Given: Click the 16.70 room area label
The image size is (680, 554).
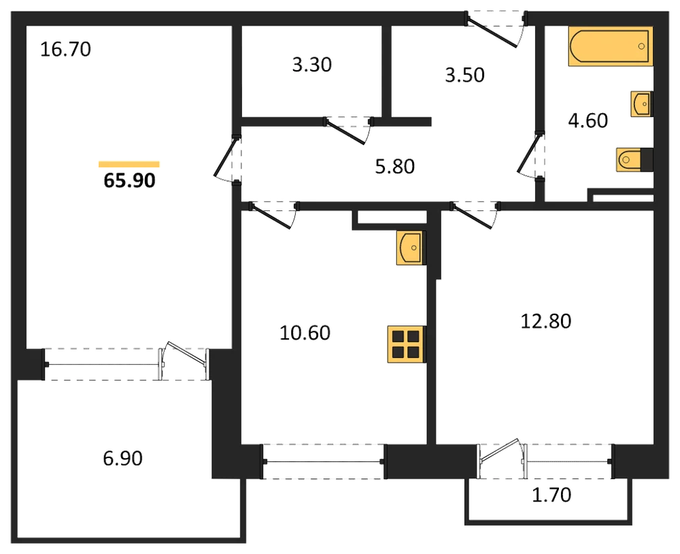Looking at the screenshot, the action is [65, 49].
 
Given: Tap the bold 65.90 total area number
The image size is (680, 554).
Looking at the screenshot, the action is [129, 180].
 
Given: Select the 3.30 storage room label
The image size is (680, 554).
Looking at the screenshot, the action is [312, 65].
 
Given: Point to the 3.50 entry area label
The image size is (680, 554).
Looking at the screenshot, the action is [464, 75].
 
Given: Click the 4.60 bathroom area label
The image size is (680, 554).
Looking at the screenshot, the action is [588, 120].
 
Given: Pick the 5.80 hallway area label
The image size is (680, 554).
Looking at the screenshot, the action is [394, 166].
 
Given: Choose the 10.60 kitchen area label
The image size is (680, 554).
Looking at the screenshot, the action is [305, 333].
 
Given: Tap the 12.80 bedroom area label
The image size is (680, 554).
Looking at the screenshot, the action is [545, 321].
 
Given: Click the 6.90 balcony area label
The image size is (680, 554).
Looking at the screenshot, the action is [122, 459].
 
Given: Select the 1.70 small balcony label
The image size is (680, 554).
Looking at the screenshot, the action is [551, 495].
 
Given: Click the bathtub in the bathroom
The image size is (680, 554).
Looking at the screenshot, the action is [611, 46].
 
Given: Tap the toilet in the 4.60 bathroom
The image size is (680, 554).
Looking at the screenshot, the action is [634, 159].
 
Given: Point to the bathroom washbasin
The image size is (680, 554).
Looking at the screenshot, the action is [641, 104].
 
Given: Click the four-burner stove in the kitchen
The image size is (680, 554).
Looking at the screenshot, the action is [407, 344].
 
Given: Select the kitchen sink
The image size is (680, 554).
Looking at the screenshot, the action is [411, 248].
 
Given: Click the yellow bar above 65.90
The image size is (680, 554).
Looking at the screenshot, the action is [129, 164].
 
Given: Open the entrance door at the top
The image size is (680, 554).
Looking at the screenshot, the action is [495, 31].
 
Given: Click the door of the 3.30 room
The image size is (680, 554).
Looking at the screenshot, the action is [347, 129].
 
